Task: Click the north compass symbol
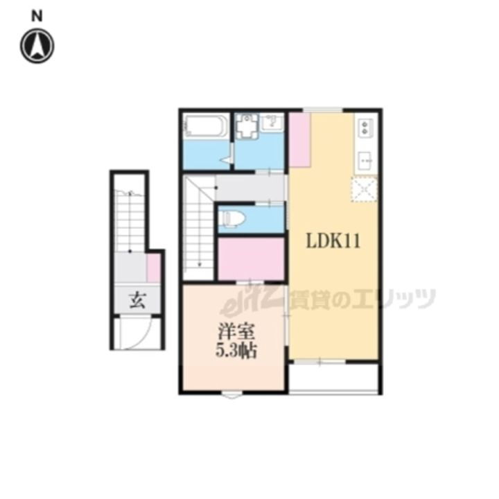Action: tap(37, 46)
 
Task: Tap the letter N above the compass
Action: tap(37, 16)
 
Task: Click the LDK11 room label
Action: tap(333, 241)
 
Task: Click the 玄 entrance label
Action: tap(137, 300)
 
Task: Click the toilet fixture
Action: tap(234, 218)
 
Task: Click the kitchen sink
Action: tap(365, 161)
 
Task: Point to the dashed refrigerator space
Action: tap(364, 190)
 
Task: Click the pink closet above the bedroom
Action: tap(251, 259)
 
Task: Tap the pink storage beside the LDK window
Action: tap(299, 140)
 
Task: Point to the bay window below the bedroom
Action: tap(231, 396)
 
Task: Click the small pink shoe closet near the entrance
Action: tap(153, 268)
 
